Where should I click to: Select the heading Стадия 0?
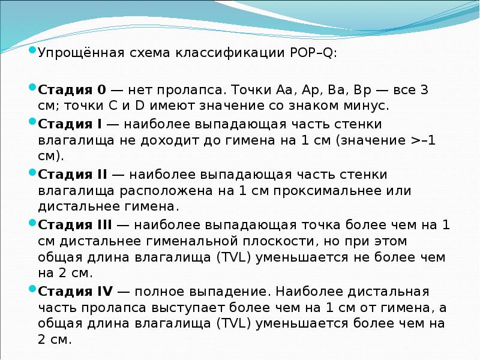pos(72,91)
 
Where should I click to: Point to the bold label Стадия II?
pos(73,175)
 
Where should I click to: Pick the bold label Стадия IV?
pos(75,292)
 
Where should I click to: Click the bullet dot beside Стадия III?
pos(32,223)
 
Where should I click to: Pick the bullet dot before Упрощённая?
pos(32,50)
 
